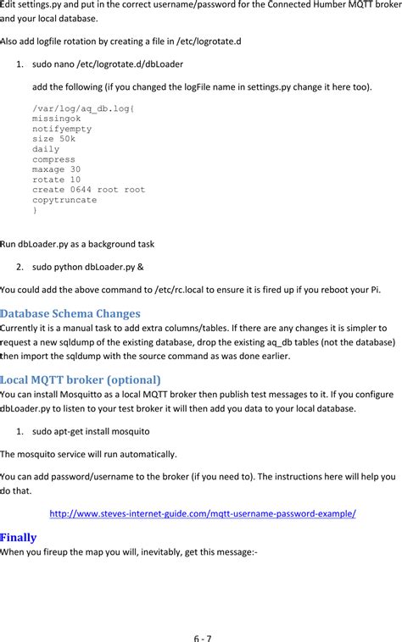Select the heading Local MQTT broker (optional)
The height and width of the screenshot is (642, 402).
(81, 379)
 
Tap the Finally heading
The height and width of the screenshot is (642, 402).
(18, 536)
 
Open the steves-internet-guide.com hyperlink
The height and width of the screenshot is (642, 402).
(203, 513)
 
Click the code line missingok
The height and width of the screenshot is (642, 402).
(56, 119)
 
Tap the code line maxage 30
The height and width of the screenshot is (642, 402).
(56, 169)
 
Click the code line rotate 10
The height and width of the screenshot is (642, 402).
(56, 180)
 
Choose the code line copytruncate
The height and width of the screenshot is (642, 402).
(64, 200)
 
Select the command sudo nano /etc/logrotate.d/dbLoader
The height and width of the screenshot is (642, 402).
(108, 64)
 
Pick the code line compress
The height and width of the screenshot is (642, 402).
(53, 159)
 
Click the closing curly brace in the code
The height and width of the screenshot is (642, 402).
(35, 210)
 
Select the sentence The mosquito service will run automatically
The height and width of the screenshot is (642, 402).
(88, 454)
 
